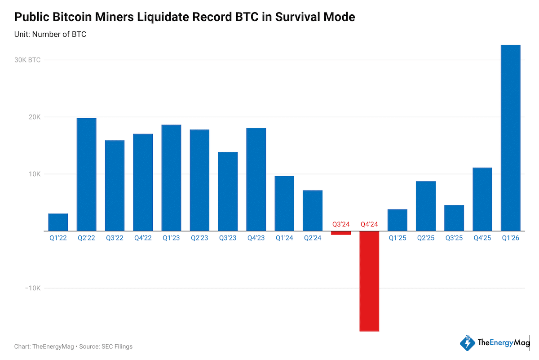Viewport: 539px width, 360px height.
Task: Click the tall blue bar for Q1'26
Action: [x=510, y=138]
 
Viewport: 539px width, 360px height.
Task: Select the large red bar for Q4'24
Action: [x=369, y=281]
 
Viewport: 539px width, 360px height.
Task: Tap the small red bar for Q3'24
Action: [x=341, y=233]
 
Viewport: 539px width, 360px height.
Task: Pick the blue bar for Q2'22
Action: [x=86, y=174]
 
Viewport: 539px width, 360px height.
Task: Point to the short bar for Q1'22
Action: [x=58, y=222]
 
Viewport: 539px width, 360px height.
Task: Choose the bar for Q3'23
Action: [x=228, y=191]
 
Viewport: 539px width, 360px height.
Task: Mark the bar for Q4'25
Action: [x=482, y=199]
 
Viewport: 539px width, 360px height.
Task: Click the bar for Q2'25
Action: [x=425, y=206]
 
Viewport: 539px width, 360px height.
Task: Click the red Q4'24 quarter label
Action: [x=369, y=224]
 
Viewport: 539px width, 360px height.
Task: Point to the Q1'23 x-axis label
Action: [x=171, y=238]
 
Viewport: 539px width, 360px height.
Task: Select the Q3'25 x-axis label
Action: [x=454, y=238]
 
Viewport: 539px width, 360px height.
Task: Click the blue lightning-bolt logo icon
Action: [x=467, y=343]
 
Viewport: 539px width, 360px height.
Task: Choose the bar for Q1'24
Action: [x=284, y=203]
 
